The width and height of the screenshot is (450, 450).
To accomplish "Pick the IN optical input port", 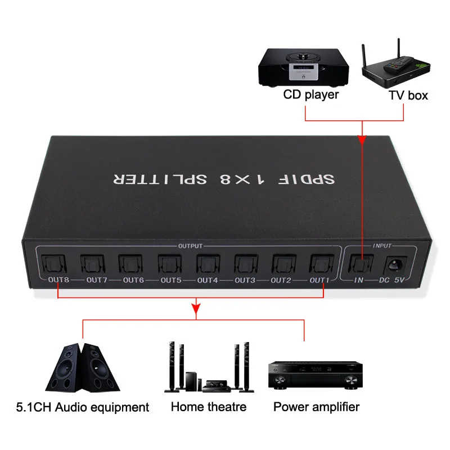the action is [x=360, y=263].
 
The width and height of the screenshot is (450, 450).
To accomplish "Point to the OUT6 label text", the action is [x=134, y=280].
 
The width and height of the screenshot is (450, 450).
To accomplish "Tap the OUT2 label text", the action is [x=282, y=280].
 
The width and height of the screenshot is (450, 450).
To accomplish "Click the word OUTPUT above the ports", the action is [x=190, y=246].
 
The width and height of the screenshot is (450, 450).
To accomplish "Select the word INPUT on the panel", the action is [x=382, y=246].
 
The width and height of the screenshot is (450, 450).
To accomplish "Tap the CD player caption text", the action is [x=310, y=94].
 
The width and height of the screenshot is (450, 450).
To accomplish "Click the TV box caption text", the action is [x=408, y=95].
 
